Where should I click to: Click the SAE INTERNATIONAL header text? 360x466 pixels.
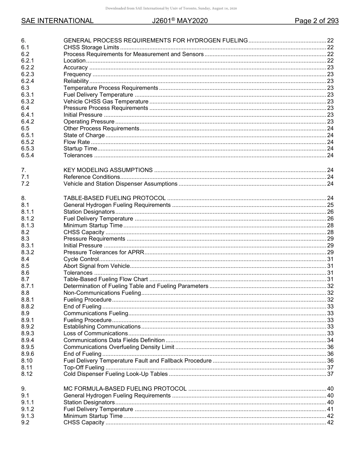[57, 21]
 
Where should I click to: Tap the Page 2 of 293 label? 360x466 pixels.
[316, 21]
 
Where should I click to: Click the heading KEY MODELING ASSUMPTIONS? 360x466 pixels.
[108, 170]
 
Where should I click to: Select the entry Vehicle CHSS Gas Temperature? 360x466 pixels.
[106, 102]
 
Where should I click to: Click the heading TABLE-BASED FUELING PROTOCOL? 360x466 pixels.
[114, 198]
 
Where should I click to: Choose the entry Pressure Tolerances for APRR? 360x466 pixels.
[103, 252]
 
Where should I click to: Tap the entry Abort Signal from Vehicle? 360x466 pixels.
[96, 266]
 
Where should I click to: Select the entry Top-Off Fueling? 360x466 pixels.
[84, 367]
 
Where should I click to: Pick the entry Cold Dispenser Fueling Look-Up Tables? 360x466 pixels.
[115, 374]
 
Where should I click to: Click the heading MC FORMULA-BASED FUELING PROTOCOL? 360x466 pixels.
[125, 389]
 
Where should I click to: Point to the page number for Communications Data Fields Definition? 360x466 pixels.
[330, 340]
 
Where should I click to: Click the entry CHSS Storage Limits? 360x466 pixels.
[91, 47]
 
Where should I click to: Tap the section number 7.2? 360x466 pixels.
[25, 184]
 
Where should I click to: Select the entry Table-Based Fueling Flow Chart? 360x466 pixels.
[106, 280]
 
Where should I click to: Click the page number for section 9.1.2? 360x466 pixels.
[330, 409]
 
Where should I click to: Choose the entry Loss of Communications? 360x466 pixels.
[95, 333]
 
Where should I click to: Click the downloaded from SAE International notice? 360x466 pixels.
[171, 8]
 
